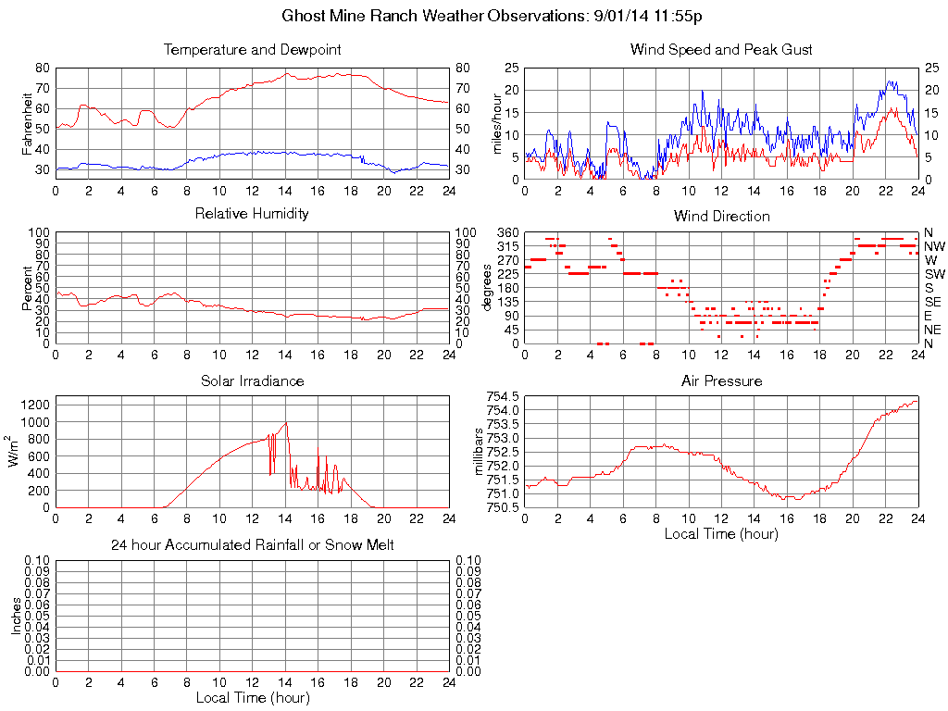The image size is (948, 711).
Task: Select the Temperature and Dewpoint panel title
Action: tap(252, 49)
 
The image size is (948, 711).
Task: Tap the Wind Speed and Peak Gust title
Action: tap(721, 49)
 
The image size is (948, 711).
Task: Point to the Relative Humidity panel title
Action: tap(252, 214)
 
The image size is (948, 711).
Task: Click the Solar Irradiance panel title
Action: tap(252, 380)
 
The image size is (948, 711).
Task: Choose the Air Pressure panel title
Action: tap(721, 380)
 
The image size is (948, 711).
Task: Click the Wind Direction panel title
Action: tap(721, 216)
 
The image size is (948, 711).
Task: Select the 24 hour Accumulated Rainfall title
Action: tap(252, 545)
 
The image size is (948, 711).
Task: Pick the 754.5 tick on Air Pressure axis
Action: tap(502, 396)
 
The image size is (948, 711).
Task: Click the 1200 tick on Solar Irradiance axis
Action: tap(33, 405)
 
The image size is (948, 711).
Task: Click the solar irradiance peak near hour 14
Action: tap(286, 423)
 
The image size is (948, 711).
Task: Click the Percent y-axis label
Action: tap(26, 287)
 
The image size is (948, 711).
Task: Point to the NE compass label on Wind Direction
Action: tap(932, 330)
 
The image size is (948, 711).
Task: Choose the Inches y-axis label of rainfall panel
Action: tap(16, 616)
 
